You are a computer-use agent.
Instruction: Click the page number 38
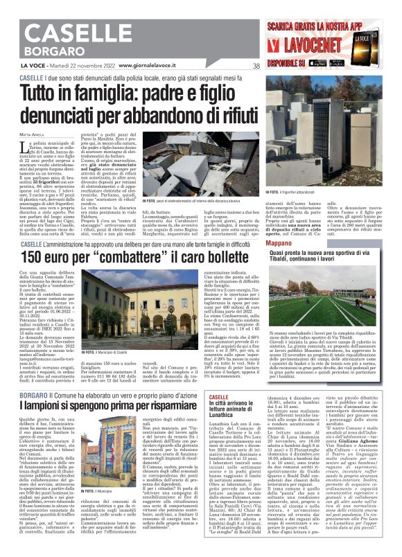(256, 67)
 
